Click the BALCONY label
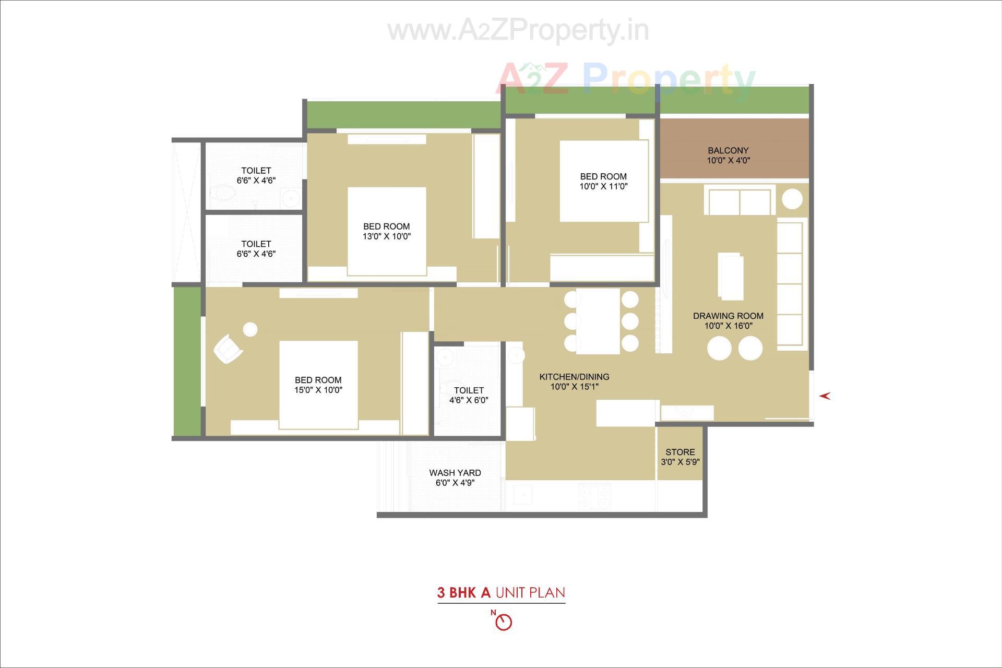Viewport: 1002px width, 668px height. pyautogui.click(x=728, y=150)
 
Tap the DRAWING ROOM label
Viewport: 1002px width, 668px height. pyautogui.click(x=728, y=316)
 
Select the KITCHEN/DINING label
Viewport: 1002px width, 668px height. pyautogui.click(x=574, y=376)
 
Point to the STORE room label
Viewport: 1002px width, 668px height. pyautogui.click(x=680, y=452)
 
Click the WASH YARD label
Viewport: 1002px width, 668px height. pyautogui.click(x=455, y=473)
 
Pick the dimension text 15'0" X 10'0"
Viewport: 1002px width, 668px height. pyautogui.click(x=318, y=390)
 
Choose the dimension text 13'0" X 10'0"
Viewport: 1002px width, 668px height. pyautogui.click(x=387, y=236)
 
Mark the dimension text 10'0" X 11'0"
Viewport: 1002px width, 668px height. pyautogui.click(x=603, y=186)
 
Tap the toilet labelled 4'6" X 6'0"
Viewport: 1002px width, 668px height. pyautogui.click(x=469, y=395)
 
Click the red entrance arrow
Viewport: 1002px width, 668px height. pyautogui.click(x=825, y=396)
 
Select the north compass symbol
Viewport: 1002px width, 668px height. pyautogui.click(x=504, y=622)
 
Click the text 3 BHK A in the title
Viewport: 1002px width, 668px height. pyautogui.click(x=464, y=593)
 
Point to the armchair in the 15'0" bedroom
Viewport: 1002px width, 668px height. pyautogui.click(x=228, y=349)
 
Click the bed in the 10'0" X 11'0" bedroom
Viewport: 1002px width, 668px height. pyautogui.click(x=603, y=181)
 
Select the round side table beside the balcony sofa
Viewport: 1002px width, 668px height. pyautogui.click(x=792, y=199)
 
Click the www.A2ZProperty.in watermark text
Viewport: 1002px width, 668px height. pyautogui.click(x=518, y=31)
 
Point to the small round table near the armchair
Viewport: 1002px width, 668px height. pyautogui.click(x=250, y=329)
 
